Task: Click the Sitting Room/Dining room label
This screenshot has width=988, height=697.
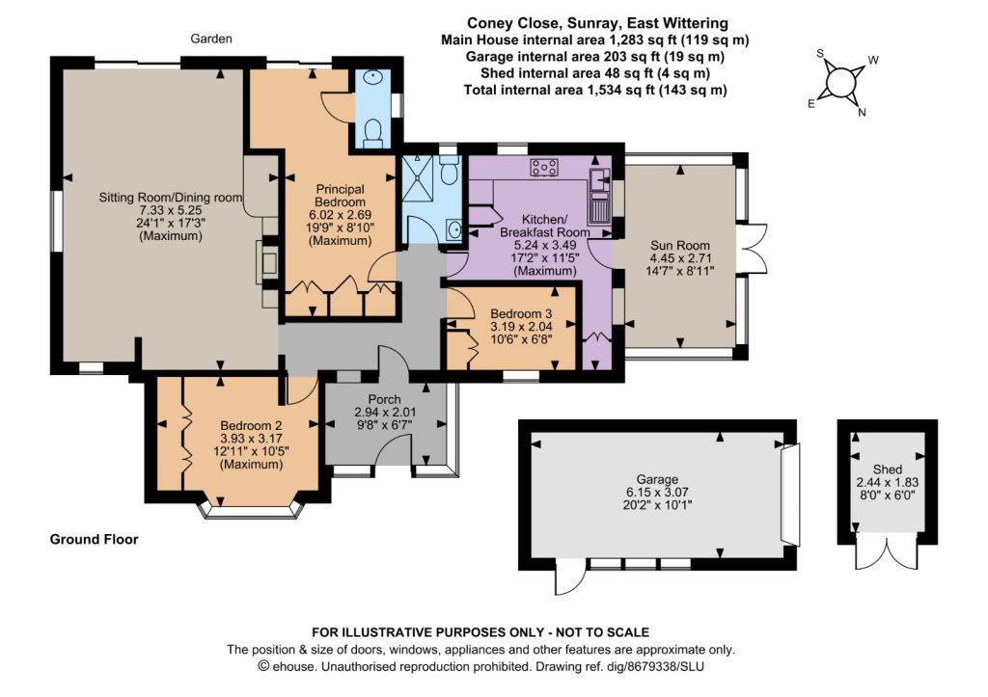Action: [170, 197]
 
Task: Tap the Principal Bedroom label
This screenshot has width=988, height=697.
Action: [341, 195]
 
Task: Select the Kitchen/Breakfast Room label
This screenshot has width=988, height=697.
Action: [545, 226]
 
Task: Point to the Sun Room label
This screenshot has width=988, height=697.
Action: [680, 245]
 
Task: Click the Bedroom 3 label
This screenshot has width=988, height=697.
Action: [521, 313]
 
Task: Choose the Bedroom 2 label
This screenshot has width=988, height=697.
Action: [251, 426]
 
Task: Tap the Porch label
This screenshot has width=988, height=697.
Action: [384, 399]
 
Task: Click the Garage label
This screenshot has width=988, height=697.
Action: [657, 479]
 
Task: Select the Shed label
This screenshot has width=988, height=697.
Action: [888, 469]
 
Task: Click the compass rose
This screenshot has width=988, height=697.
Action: [838, 83]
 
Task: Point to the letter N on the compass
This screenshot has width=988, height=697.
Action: [862, 113]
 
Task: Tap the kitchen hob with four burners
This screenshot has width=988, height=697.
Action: [544, 167]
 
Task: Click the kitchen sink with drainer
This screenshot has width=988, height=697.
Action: [598, 196]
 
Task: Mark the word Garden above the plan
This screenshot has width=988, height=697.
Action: [211, 39]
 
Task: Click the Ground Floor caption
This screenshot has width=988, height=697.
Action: [94, 539]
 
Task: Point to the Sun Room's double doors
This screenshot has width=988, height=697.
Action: [755, 248]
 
